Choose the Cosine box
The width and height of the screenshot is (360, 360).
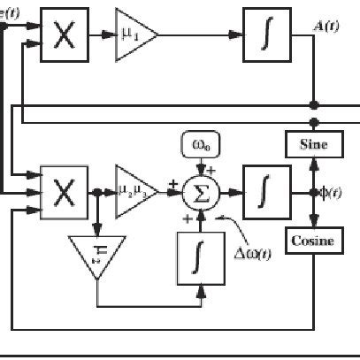pos(313,239)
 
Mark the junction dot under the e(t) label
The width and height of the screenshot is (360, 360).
pos(4,26)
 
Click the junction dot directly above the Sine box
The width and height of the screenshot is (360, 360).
pos(313,121)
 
